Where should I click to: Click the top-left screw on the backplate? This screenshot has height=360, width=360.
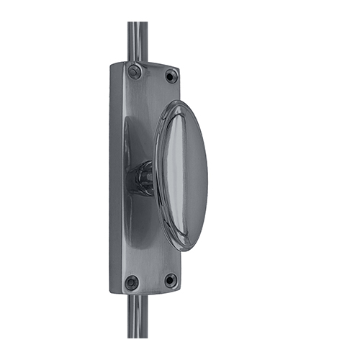point(135,71)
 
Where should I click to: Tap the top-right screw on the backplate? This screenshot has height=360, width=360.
point(171,75)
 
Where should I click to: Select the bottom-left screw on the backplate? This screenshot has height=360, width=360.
point(132,282)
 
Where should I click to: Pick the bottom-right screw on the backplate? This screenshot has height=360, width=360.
point(171,279)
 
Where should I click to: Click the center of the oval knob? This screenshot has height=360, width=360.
point(181,175)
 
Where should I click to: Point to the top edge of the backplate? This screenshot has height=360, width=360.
point(148,64)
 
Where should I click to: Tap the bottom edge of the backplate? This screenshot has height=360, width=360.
point(148,292)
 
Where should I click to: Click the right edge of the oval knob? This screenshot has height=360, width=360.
point(207,176)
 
